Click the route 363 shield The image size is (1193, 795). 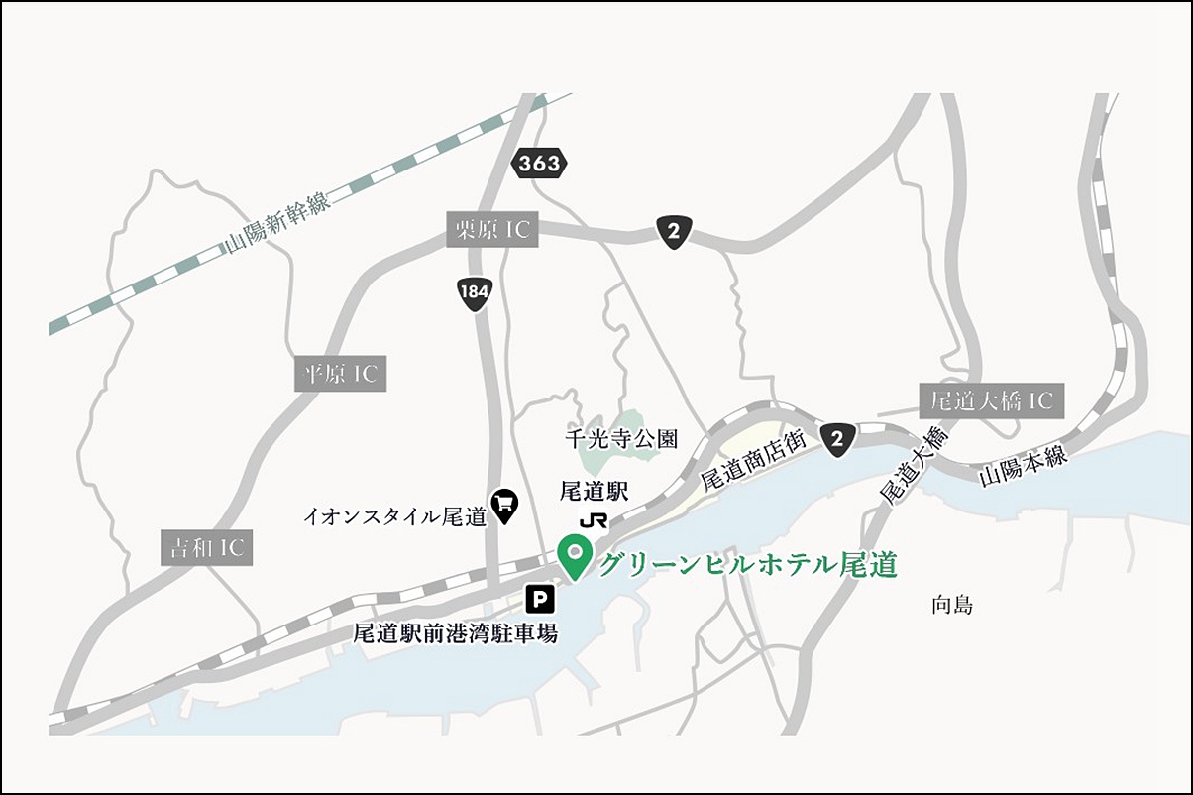click(x=539, y=164)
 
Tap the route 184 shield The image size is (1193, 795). click(x=476, y=293)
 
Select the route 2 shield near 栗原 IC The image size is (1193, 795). click(x=674, y=233)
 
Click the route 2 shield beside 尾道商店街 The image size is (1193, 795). click(x=838, y=440)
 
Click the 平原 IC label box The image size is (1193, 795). click(x=341, y=374)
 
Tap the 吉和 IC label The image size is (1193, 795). click(x=206, y=547)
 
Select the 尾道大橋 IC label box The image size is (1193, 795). click(x=991, y=400)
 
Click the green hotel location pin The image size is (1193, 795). click(x=574, y=556)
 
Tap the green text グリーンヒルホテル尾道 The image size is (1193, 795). click(x=748, y=565)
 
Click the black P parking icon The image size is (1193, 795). click(x=540, y=598)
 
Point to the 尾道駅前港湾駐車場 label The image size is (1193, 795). click(x=456, y=632)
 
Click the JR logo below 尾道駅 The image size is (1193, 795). click(x=595, y=520)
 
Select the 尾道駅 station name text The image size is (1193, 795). click(x=595, y=492)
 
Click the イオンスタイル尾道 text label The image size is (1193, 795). click(x=394, y=515)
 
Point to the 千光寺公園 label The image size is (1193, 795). click(x=621, y=437)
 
